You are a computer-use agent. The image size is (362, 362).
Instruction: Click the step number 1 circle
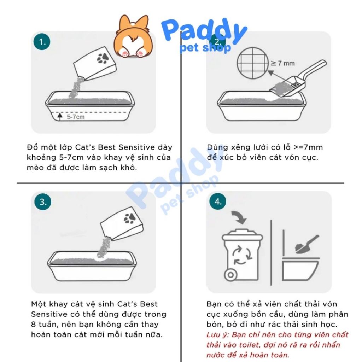tap(42, 42)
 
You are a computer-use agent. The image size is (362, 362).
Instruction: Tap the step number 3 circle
tap(43, 202)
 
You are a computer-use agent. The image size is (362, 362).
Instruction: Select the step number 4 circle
tap(218, 201)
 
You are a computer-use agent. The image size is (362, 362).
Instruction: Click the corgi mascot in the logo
tap(133, 36)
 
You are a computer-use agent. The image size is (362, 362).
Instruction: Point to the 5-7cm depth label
tap(76, 117)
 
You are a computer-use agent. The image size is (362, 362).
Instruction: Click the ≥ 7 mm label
tap(283, 63)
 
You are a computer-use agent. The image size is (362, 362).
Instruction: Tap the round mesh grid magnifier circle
tap(253, 63)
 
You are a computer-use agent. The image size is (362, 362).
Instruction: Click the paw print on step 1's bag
tap(103, 58)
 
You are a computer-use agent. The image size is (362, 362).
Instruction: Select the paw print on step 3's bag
tap(129, 218)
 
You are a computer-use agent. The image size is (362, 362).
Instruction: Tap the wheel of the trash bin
tap(230, 275)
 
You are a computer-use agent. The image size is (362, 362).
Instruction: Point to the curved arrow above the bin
tap(239, 217)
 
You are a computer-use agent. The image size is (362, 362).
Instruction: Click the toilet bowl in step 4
tap(300, 269)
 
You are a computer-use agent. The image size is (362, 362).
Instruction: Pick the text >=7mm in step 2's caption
tap(308, 147)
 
